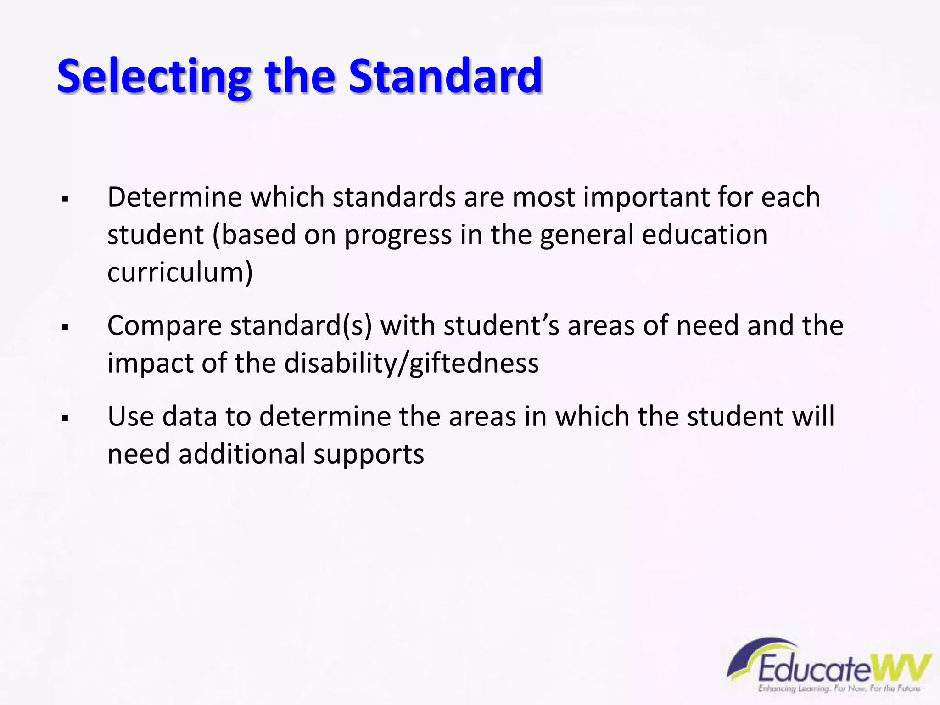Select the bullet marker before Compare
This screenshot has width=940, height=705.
tap(65, 328)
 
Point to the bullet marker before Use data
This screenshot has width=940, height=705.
tap(65, 419)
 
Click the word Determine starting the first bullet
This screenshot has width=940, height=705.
tap(174, 197)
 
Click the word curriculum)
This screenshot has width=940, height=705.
tap(180, 272)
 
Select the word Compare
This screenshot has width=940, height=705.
tap(165, 326)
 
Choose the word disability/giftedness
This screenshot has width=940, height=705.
tap(411, 364)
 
